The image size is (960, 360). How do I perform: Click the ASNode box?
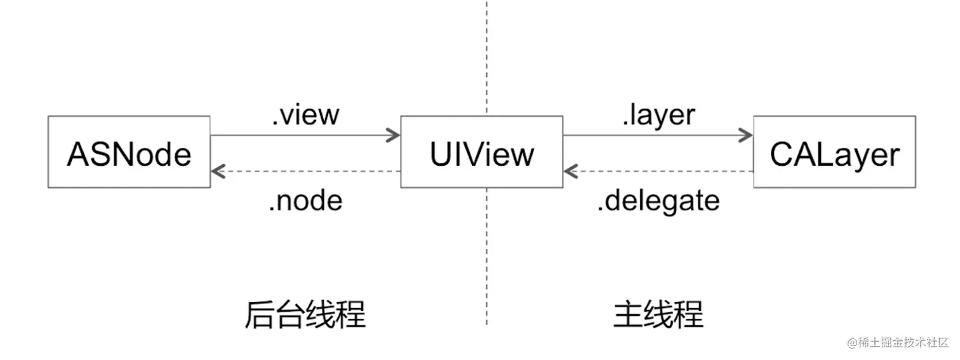pos(129,152)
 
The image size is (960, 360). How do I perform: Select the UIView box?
pos(481,152)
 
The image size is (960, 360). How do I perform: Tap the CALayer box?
pos(834,152)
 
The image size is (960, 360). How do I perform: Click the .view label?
pos(305,115)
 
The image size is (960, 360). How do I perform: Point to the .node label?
pos(305,201)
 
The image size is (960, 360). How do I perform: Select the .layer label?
pos(658,115)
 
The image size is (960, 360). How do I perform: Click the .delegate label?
pos(658,201)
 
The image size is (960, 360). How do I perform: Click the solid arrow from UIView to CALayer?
pos(654,135)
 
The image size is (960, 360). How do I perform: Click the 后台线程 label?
pos(305,314)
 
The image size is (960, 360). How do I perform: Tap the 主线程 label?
pos(658,314)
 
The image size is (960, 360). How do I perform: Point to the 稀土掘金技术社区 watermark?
pos(897,343)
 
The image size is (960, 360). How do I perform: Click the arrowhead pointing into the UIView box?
pos(394,135)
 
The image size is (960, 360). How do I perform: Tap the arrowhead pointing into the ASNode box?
pos(218,171)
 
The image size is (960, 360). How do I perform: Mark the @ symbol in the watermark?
pos(851,343)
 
